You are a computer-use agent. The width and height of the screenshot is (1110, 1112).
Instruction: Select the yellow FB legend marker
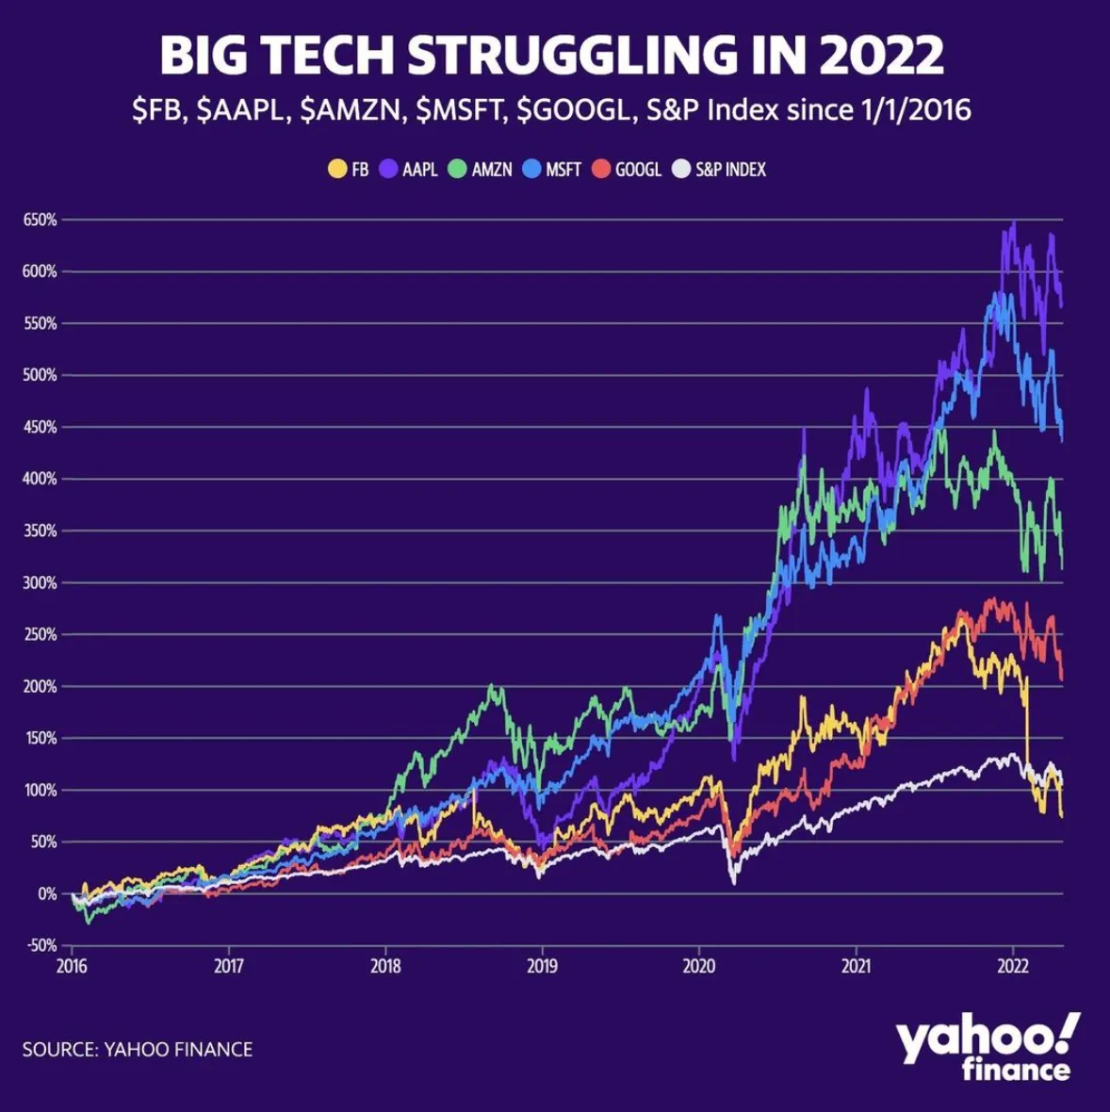[335, 170]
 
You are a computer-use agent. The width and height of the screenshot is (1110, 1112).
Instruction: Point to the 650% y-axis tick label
[41, 220]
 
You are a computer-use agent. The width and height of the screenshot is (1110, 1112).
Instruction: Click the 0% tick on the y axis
[48, 893]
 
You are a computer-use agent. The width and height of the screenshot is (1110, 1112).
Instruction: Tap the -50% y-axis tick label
[41, 945]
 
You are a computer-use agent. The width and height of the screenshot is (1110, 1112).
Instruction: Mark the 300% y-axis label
[41, 582]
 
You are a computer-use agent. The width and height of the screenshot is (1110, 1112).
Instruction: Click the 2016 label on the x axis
[72, 966]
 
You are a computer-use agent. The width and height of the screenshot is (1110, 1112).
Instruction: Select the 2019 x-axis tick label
[542, 966]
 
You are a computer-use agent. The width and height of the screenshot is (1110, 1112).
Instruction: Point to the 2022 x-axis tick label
[1012, 966]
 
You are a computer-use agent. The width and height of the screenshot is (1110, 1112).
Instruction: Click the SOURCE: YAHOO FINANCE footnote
[138, 1049]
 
